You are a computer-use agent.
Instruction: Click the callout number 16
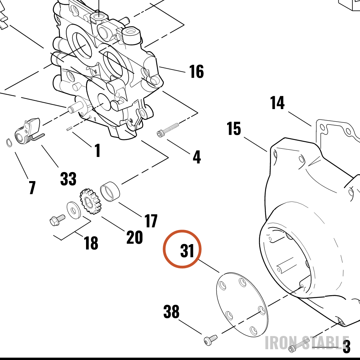click(196, 71)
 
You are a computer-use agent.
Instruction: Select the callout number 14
click(277, 103)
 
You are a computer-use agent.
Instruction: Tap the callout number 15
click(234, 129)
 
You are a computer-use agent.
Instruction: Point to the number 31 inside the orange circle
click(187, 251)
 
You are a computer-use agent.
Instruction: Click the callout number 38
click(171, 311)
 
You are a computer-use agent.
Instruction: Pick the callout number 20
click(135, 237)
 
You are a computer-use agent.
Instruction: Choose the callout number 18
click(91, 243)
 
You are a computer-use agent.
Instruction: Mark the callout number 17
click(151, 221)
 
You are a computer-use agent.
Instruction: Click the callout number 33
click(68, 179)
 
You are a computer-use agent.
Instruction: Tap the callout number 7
click(32, 187)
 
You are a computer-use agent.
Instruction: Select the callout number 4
click(197, 157)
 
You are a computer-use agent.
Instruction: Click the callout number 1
click(98, 150)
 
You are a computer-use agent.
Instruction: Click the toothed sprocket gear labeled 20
click(90, 202)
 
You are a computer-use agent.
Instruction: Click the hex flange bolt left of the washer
click(57, 220)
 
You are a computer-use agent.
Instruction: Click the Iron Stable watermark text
click(307, 343)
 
